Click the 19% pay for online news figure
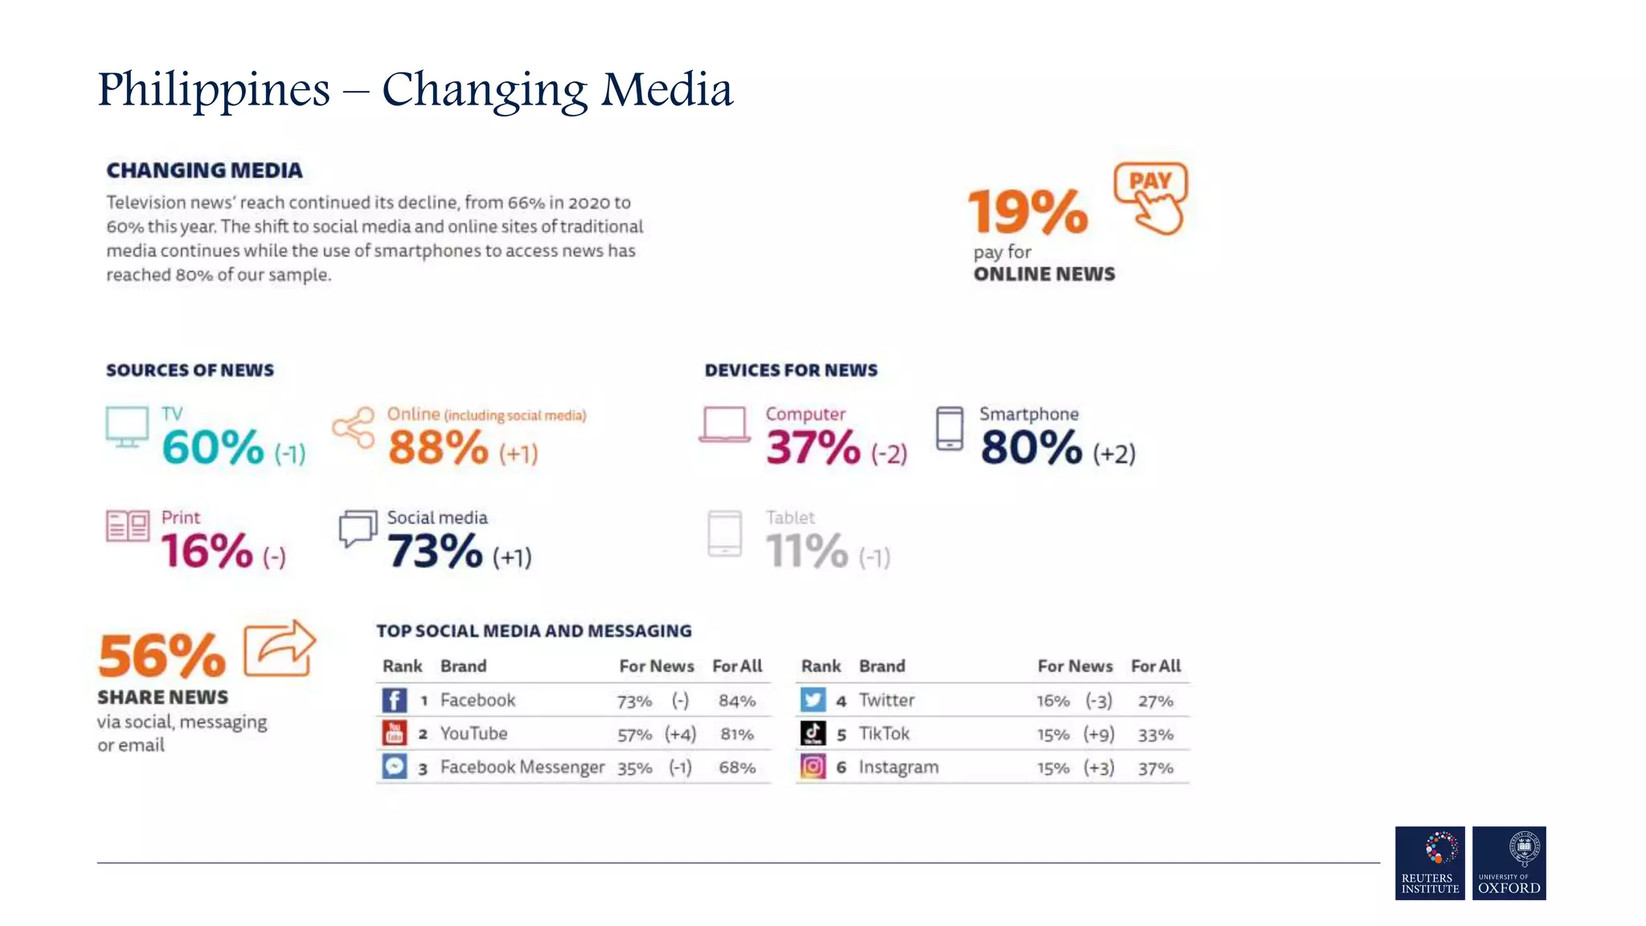click(x=1027, y=211)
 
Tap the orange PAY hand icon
click(x=1151, y=198)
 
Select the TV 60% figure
click(x=213, y=447)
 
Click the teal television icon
click(x=127, y=427)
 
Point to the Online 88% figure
click(x=438, y=447)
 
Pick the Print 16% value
click(x=207, y=551)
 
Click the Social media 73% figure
click(x=435, y=551)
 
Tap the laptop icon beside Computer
click(x=725, y=424)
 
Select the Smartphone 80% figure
click(x=1031, y=447)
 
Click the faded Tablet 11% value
click(x=806, y=551)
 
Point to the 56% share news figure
click(x=162, y=655)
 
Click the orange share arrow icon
click(x=280, y=648)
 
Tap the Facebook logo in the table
click(x=394, y=700)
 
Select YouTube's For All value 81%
click(x=737, y=735)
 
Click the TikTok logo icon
click(x=813, y=733)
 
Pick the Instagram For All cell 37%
click(x=1155, y=768)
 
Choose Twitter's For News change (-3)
click(x=1099, y=701)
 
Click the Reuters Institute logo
click(x=1430, y=862)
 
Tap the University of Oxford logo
click(x=1509, y=862)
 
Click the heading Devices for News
click(x=791, y=371)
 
